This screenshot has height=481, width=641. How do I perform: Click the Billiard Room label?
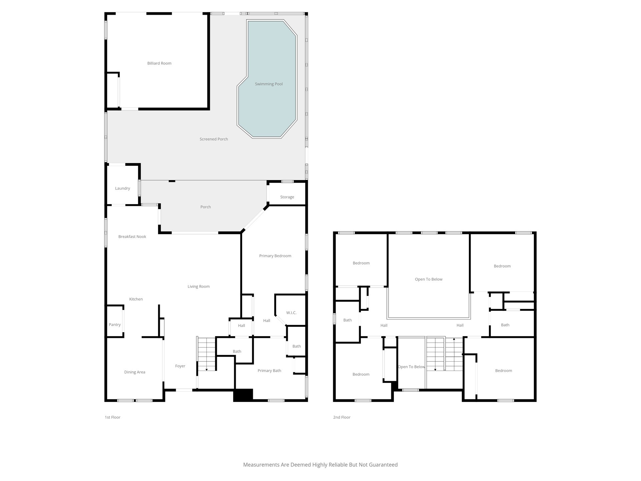coord(159,63)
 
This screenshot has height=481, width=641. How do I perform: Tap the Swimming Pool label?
coord(269,84)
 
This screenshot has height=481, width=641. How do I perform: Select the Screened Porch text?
coord(214,139)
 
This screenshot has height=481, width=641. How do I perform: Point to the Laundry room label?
coord(122,188)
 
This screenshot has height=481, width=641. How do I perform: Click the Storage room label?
coord(287,197)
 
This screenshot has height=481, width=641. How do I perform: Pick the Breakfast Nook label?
coord(132,237)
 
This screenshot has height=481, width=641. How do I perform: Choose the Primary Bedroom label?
coord(275,256)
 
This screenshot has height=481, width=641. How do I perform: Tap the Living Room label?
coord(198,287)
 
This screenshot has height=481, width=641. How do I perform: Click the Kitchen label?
coord(136,299)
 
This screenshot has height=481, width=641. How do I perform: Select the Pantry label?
coord(115,325)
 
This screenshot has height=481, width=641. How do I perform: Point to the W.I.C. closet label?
coord(291,313)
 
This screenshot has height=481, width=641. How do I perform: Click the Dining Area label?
coord(135,372)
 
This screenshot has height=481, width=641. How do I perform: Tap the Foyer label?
coord(180,366)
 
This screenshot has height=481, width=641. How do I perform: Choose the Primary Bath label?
coord(269,371)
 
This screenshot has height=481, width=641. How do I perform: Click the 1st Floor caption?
coord(112,417)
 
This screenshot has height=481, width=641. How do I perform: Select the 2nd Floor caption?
coord(342,417)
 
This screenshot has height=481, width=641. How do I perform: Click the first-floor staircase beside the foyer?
coord(206,354)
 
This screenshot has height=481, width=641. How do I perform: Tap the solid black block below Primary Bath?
coord(243,395)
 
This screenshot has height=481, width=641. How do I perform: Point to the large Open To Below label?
coord(429,280)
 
